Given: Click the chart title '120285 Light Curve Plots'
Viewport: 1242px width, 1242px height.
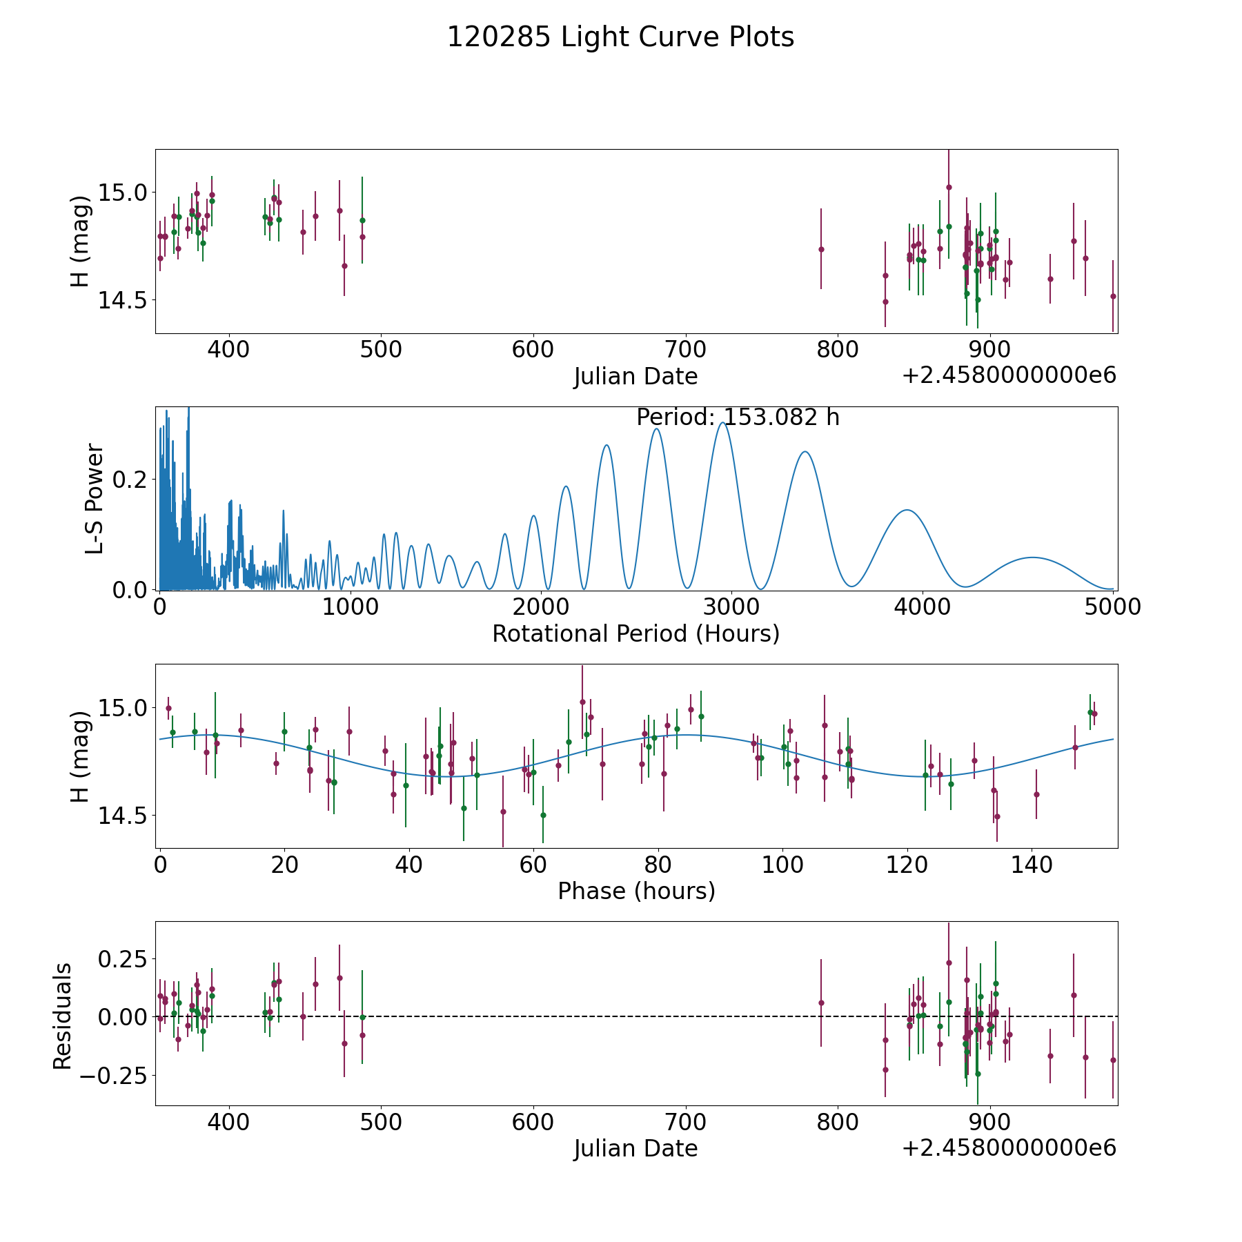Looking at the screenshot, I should [620, 37].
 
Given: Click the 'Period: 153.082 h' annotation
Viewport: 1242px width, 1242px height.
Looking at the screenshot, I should [738, 417].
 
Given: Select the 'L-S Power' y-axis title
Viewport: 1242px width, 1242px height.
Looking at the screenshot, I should [95, 499].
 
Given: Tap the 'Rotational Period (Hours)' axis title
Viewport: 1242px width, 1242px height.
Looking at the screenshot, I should [635, 633].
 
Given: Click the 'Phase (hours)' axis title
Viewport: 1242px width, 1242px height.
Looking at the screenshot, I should [636, 891].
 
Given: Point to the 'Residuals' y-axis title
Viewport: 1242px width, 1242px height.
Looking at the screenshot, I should [63, 1016].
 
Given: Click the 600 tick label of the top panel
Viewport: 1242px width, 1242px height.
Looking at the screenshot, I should [533, 349].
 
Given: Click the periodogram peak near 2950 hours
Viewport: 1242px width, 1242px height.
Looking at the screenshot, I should [722, 423].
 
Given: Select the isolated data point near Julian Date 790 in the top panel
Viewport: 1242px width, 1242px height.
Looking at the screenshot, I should [821, 249].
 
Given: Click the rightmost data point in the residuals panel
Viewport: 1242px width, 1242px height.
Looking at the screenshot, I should [1112, 1060].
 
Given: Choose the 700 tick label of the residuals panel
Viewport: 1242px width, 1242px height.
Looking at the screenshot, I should [686, 1122].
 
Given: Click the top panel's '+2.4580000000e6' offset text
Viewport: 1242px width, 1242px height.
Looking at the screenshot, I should [1009, 375].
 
